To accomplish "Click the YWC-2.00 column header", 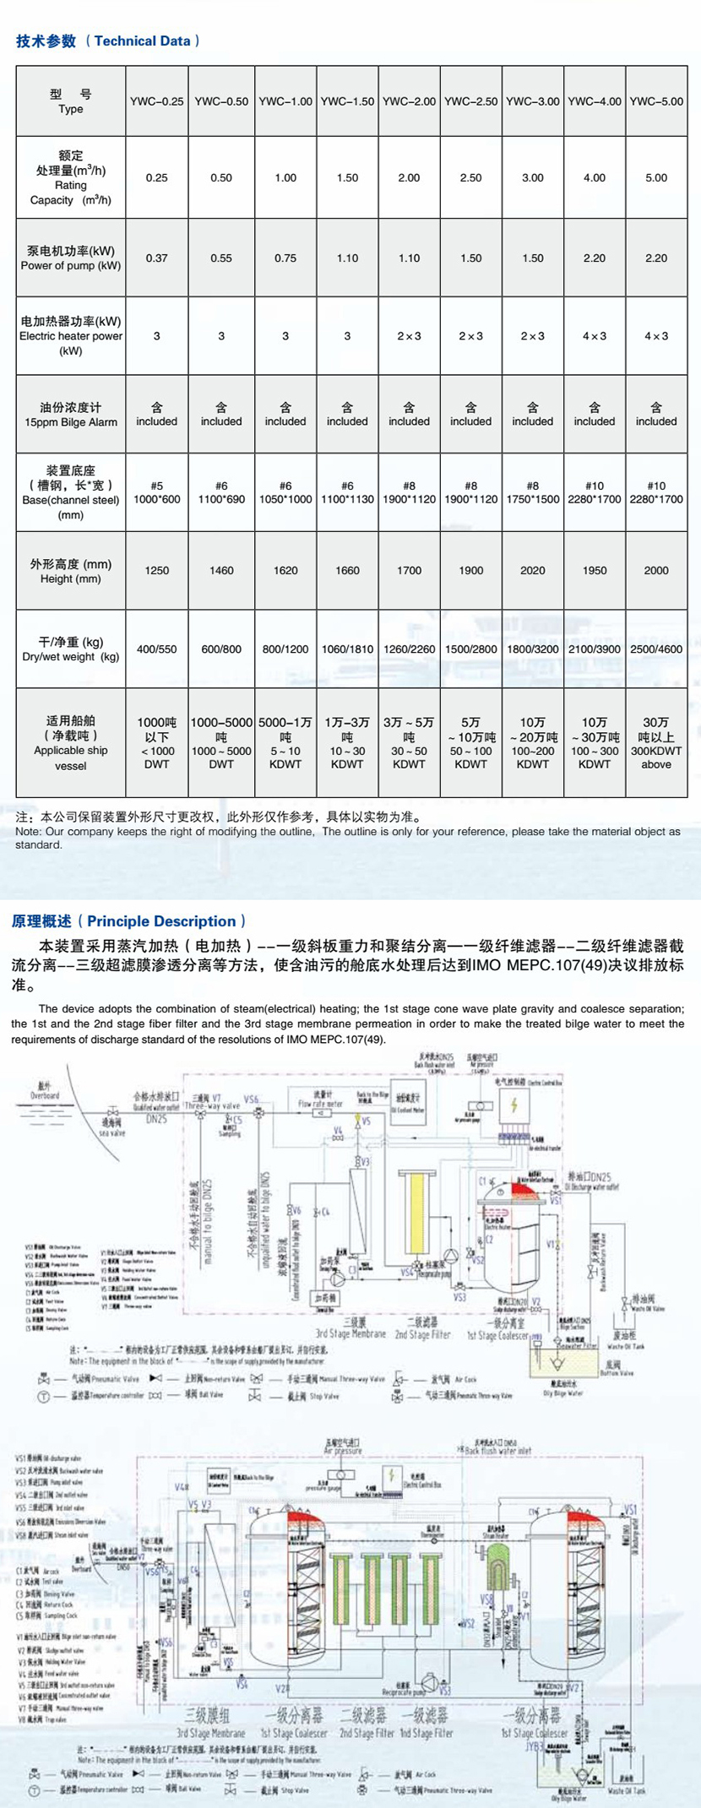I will pyautogui.click(x=409, y=101).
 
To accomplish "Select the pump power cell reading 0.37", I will pyautogui.click(x=156, y=258).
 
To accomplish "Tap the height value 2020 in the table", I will pyautogui.click(x=532, y=570).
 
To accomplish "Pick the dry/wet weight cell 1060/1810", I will pyautogui.click(x=347, y=649).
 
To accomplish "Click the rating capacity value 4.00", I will pyautogui.click(x=594, y=178).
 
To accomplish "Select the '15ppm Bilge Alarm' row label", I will pyautogui.click(x=71, y=421).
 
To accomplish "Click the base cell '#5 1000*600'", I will pyautogui.click(x=156, y=492).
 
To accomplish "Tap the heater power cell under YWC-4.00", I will pyautogui.click(x=594, y=336).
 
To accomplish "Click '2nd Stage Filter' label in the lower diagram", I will pyautogui.click(x=367, y=1734).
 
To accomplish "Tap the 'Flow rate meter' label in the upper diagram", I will pyautogui.click(x=320, y=1103).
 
